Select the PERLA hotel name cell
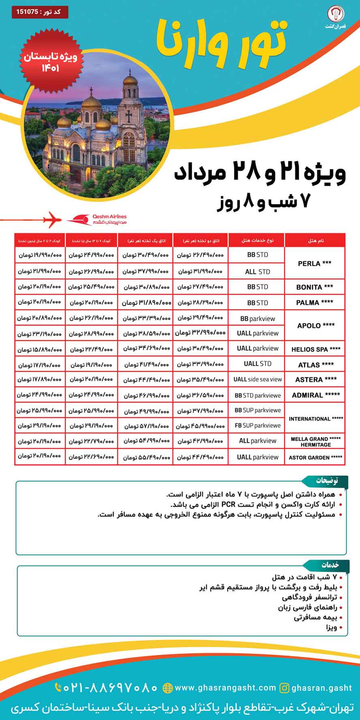315,264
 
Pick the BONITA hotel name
315,287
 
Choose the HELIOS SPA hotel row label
316,349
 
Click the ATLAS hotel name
316,365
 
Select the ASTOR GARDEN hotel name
315,457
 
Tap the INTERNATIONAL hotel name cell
316,419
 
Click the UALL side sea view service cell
257,379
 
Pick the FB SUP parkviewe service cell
257,426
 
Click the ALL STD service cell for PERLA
257,272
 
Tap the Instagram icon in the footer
285,688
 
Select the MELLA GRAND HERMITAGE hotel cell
315,441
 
